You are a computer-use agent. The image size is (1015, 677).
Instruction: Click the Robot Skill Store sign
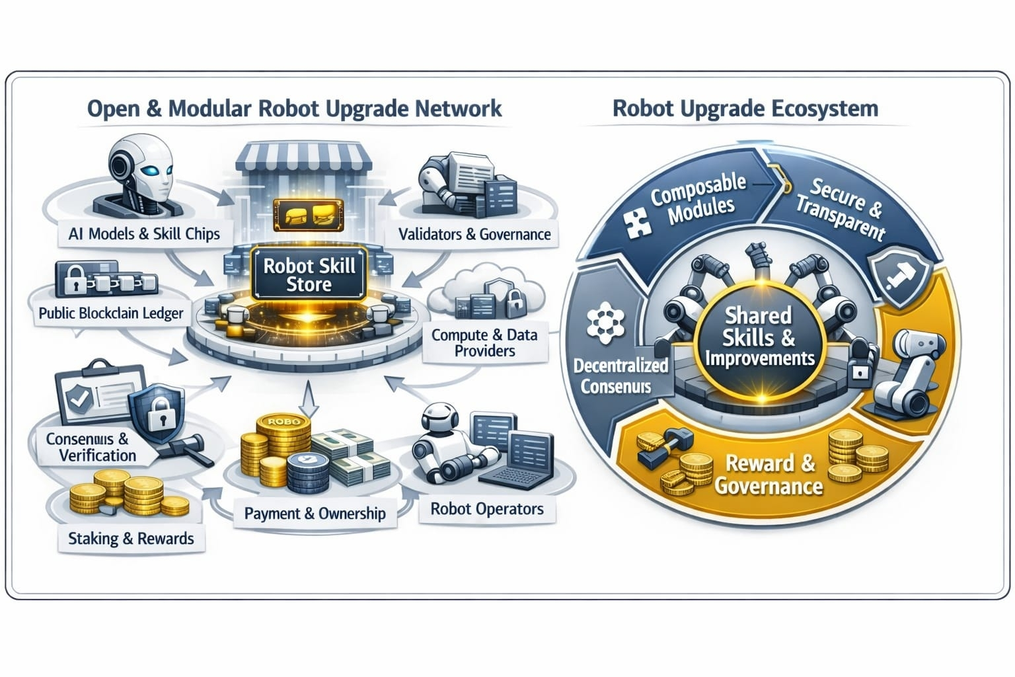click(x=309, y=275)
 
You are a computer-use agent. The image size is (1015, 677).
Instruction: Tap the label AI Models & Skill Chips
click(x=143, y=233)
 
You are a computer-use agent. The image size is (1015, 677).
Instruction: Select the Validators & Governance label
click(x=474, y=234)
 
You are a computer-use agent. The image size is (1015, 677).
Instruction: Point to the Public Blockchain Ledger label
click(x=110, y=313)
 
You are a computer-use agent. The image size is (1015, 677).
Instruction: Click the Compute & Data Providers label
click(x=484, y=342)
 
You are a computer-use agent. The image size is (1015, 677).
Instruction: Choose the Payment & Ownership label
click(x=315, y=513)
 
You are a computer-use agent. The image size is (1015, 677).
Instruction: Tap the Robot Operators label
click(x=487, y=509)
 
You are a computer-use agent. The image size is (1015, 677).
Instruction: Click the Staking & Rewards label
click(x=131, y=538)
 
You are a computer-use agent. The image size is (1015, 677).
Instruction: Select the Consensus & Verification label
click(x=91, y=447)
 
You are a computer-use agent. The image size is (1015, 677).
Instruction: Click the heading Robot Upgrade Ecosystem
click(x=745, y=108)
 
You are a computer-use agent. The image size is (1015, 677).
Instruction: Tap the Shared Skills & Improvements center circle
click(x=759, y=337)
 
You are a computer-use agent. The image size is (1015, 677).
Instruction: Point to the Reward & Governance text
click(x=769, y=475)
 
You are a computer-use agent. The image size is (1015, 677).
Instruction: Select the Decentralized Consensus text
click(x=620, y=376)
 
